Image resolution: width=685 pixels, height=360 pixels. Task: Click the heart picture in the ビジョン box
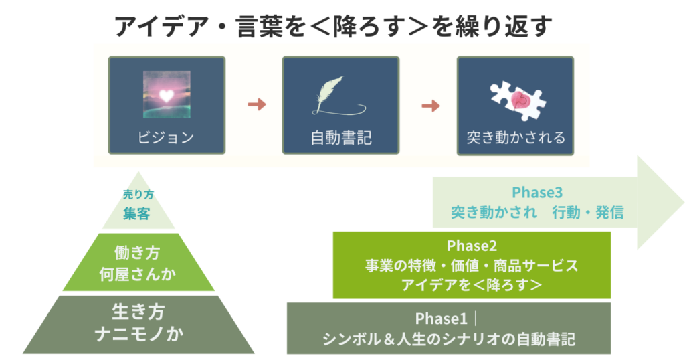coord(167,95)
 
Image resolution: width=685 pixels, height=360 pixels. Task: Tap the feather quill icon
coord(338,96)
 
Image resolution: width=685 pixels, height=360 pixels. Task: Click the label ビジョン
coord(166,137)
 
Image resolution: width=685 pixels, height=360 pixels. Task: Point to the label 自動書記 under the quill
coord(340,138)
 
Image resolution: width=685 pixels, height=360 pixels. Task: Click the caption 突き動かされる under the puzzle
coord(516,137)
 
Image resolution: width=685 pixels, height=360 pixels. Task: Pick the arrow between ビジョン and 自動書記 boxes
coord(257,104)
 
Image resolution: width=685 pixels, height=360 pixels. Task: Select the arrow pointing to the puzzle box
coord(431,106)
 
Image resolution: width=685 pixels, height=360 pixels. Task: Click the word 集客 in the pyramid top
coord(136,213)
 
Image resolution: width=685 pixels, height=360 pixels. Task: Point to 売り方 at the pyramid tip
coord(138,194)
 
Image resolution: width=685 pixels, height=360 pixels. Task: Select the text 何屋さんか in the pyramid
coord(137,274)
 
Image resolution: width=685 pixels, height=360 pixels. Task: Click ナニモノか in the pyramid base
coord(139,334)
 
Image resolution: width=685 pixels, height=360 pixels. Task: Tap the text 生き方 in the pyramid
coord(138,312)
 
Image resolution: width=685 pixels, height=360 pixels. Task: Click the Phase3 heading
coord(537,192)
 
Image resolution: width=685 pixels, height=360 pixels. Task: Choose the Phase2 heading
coord(472,246)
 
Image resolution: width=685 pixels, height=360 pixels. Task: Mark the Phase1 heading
coord(441,319)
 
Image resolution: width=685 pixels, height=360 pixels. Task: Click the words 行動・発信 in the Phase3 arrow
coord(587,212)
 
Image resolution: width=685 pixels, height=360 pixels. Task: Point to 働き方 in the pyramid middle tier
coord(137,252)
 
